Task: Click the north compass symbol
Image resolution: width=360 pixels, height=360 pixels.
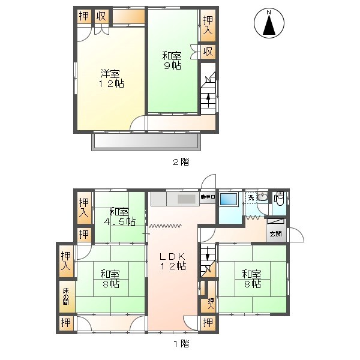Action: tap(269, 25)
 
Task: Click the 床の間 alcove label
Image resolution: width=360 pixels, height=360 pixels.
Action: tap(66, 296)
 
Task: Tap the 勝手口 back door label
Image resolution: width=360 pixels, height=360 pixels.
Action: tap(207, 197)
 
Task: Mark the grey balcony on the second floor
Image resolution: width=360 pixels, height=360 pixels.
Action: tap(146, 141)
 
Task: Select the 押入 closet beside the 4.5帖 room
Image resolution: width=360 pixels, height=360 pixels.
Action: tap(84, 208)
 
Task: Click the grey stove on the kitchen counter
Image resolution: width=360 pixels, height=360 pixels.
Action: tap(186, 199)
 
